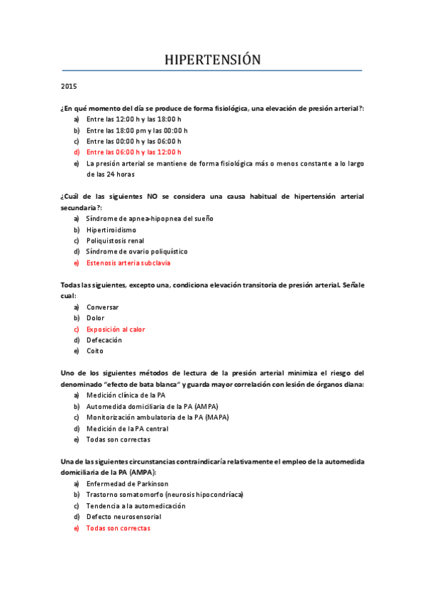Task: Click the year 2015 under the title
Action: click(x=70, y=87)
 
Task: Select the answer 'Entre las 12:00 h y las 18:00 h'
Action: click(x=134, y=119)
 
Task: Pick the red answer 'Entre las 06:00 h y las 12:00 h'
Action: click(x=134, y=152)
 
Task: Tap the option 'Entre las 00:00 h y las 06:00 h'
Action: click(x=134, y=141)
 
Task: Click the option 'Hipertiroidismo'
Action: click(x=111, y=229)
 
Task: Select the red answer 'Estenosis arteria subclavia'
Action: click(x=128, y=263)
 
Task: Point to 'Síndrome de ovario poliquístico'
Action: click(x=137, y=251)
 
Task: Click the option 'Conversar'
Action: click(x=103, y=307)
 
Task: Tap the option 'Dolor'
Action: click(x=95, y=318)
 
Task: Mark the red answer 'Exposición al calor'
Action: click(x=115, y=329)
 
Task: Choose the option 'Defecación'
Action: click(x=104, y=340)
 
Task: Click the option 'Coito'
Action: click(x=95, y=351)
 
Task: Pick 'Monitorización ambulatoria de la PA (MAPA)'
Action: click(x=157, y=417)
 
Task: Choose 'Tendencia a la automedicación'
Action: click(x=136, y=505)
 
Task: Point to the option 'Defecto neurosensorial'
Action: click(x=124, y=517)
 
